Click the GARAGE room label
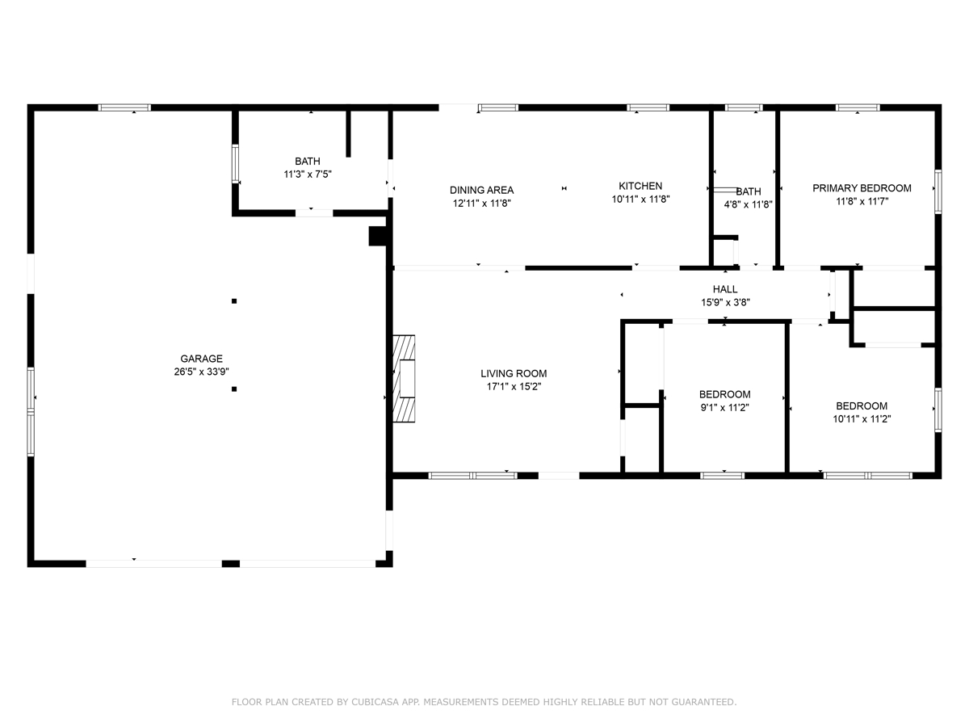pyautogui.click(x=201, y=359)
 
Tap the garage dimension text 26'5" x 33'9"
pyautogui.click(x=201, y=372)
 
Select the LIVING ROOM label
pyautogui.click(x=514, y=373)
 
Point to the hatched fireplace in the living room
pyautogui.click(x=404, y=379)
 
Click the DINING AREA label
pyautogui.click(x=481, y=191)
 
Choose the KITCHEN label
pyautogui.click(x=640, y=186)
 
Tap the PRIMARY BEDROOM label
pyautogui.click(x=862, y=188)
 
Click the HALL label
pyautogui.click(x=725, y=289)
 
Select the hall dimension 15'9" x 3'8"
pyautogui.click(x=726, y=302)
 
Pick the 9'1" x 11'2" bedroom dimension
pyautogui.click(x=725, y=407)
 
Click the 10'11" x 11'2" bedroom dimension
pyautogui.click(x=862, y=419)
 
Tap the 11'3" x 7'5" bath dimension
pyautogui.click(x=308, y=174)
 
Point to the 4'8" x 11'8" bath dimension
pyautogui.click(x=749, y=204)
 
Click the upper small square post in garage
pyautogui.click(x=234, y=301)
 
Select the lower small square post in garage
pyautogui.click(x=234, y=389)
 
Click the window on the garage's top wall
pyautogui.click(x=124, y=107)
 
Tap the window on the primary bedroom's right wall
pyautogui.click(x=938, y=191)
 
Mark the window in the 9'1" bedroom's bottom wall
pyautogui.click(x=722, y=476)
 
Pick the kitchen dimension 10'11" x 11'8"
pyautogui.click(x=640, y=199)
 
